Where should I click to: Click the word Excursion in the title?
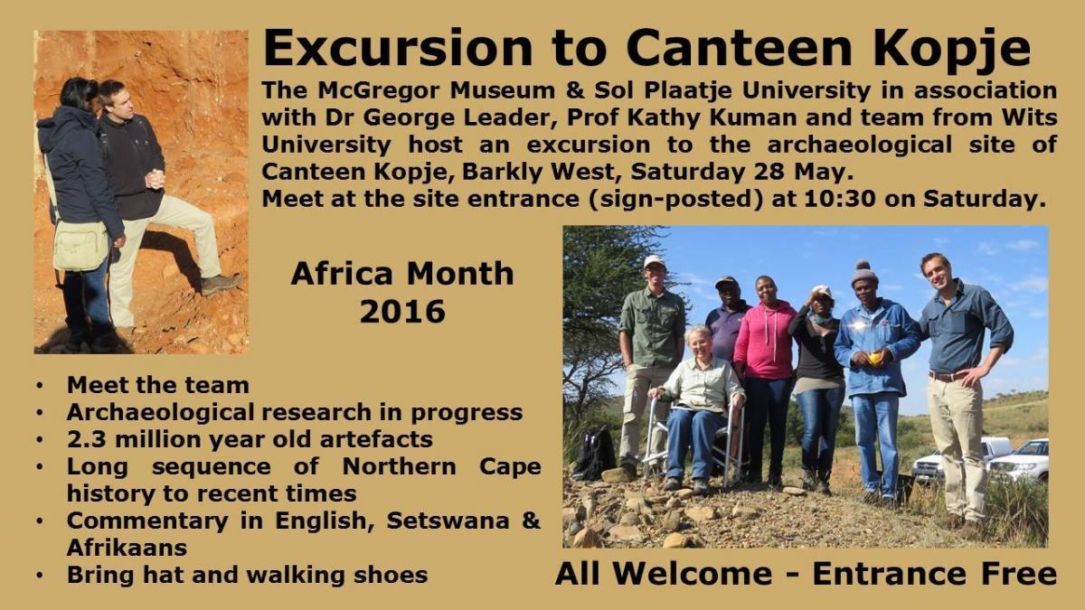(x=398, y=48)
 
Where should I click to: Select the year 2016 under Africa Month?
(x=402, y=311)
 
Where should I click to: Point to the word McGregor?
(x=379, y=90)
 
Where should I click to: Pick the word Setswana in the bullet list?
(x=448, y=521)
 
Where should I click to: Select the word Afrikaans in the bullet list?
(x=127, y=548)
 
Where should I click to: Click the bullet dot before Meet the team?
(x=39, y=386)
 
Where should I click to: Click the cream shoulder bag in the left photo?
(x=80, y=246)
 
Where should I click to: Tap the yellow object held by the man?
(x=874, y=358)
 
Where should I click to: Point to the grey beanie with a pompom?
(x=864, y=272)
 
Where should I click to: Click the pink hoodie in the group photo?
(x=765, y=339)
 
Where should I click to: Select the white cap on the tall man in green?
(x=654, y=261)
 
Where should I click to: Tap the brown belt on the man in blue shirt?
(x=948, y=376)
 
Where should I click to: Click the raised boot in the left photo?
(x=221, y=284)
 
